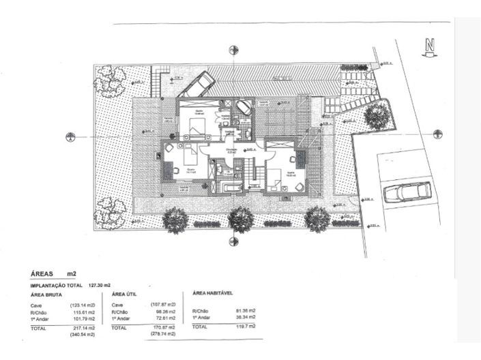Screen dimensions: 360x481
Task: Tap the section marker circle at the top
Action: click(234, 50)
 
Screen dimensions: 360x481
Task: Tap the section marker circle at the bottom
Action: click(234, 241)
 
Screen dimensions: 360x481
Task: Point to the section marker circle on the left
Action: click(70, 137)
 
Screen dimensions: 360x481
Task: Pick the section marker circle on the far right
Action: click(438, 130)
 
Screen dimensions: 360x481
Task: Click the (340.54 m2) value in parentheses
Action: click(83, 335)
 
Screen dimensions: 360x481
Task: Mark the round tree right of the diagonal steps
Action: click(375, 116)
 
